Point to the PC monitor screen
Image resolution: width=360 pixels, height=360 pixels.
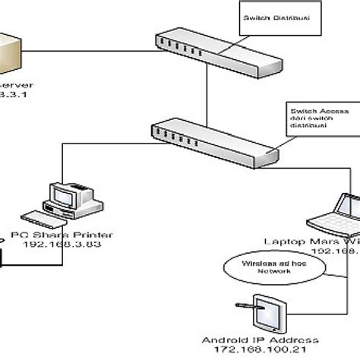pyautogui.click(x=64, y=197)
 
